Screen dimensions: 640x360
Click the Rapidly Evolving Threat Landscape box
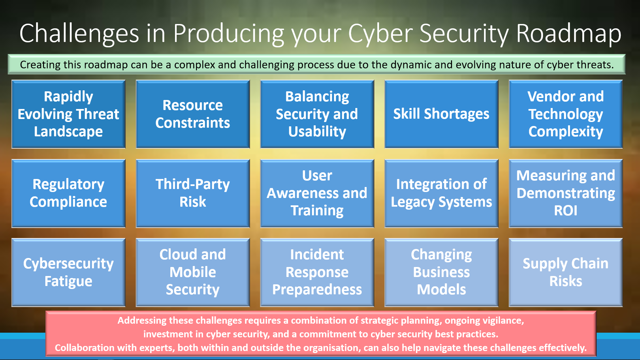point(68,114)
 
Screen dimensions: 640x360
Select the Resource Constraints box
point(193,114)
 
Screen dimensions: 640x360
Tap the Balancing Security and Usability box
point(317,114)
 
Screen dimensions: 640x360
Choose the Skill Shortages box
point(441,114)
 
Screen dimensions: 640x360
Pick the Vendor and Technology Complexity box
point(566,114)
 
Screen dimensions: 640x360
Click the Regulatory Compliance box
point(68,193)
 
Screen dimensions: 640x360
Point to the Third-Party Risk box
point(193,193)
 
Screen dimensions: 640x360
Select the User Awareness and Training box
point(317,193)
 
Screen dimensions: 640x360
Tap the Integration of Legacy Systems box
point(441,193)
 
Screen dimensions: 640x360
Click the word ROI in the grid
point(566,211)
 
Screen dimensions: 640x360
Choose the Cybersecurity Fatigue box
point(68,272)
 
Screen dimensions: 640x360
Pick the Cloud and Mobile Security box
point(193,272)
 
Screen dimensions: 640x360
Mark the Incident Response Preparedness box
point(317,272)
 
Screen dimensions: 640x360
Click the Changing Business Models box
point(441,272)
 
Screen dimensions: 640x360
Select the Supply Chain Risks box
point(566,272)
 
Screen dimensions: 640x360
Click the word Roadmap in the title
point(569,34)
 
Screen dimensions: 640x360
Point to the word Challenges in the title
point(79,34)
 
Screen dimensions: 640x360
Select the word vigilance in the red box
point(503,321)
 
